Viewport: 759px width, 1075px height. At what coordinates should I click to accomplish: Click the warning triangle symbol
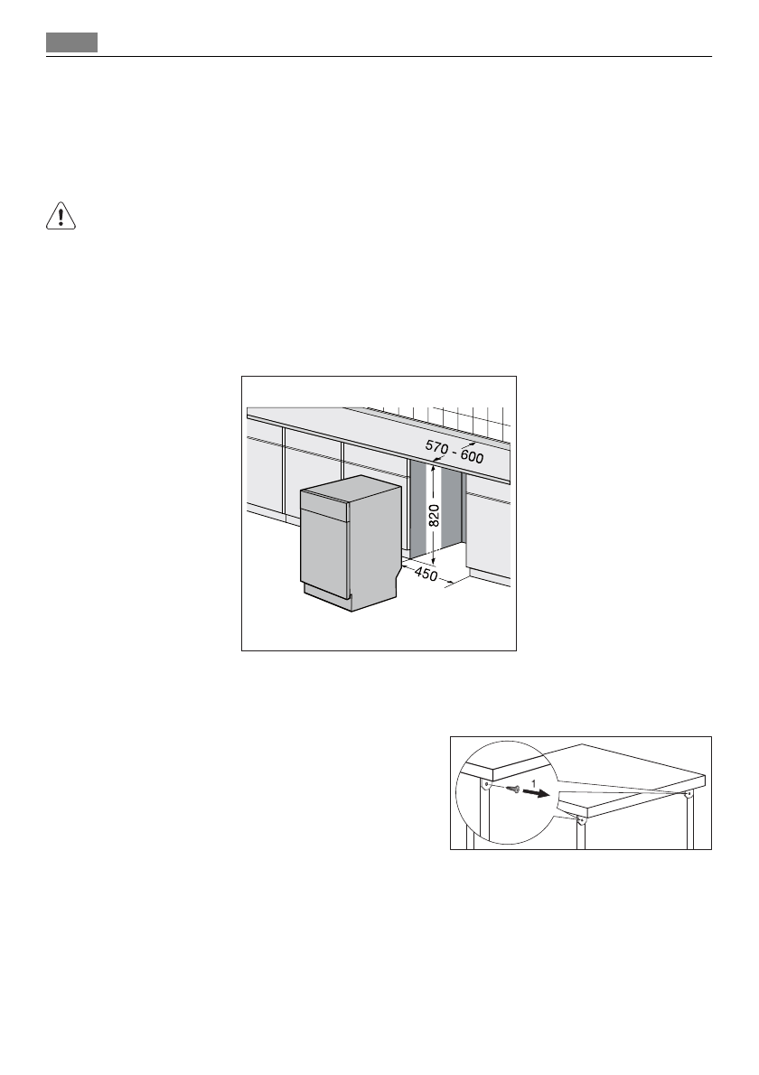61,217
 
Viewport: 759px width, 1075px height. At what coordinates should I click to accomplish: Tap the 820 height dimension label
434,516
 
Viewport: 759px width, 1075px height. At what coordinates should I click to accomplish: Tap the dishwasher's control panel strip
323,508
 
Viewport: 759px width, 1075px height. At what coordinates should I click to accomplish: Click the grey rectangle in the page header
72,42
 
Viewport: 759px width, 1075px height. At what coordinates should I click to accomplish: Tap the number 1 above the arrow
534,781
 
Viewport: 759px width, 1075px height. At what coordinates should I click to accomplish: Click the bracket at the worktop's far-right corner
689,794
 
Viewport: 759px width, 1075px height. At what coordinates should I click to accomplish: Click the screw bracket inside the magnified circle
487,783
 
